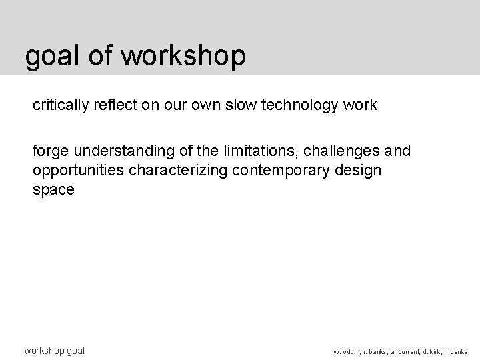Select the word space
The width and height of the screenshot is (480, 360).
click(53, 189)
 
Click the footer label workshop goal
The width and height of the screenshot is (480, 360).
click(54, 350)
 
